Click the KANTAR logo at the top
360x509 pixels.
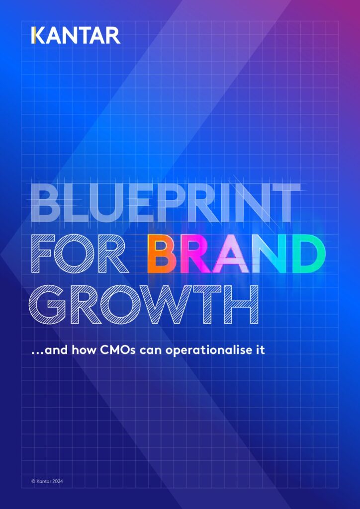click(76, 36)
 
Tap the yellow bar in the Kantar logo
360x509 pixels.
click(33, 36)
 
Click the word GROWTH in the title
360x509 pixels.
click(144, 305)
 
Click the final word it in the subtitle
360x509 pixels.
click(260, 350)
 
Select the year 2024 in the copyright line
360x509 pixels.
click(57, 481)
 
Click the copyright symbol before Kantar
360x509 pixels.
click(33, 481)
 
